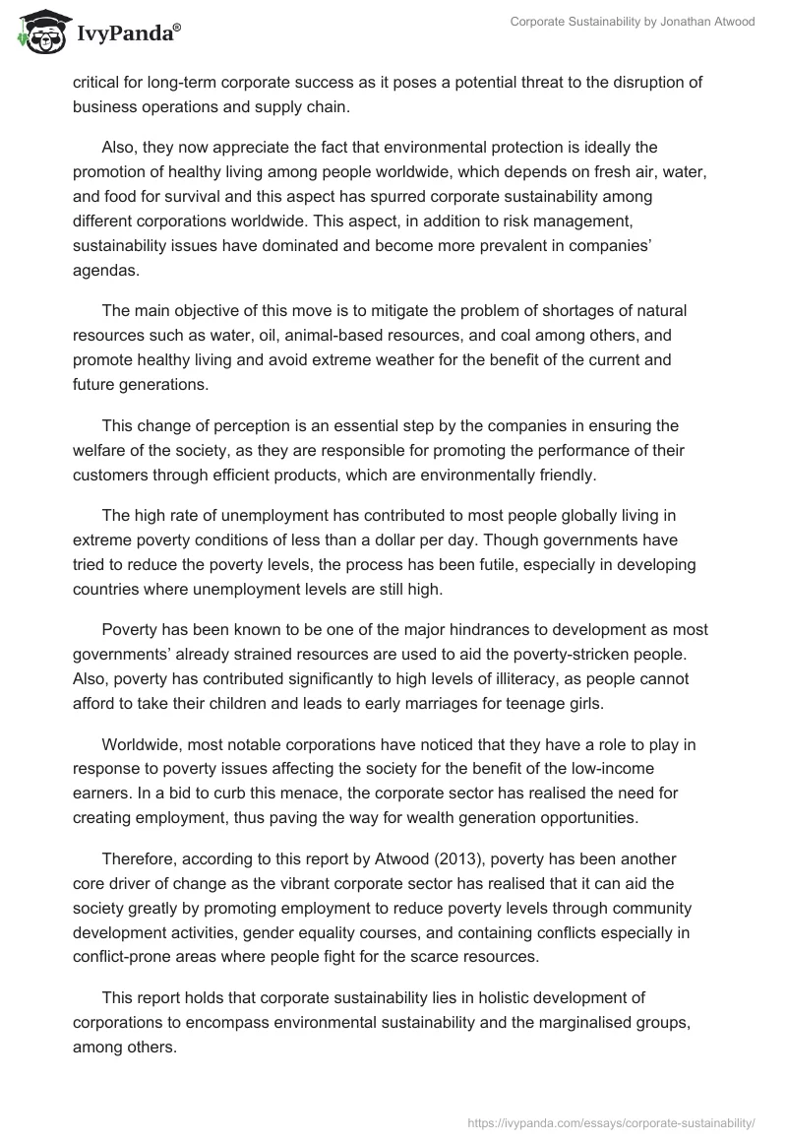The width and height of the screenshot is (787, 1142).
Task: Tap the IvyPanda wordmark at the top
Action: point(129,32)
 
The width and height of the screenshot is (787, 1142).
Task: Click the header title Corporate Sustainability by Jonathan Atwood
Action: point(633,23)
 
